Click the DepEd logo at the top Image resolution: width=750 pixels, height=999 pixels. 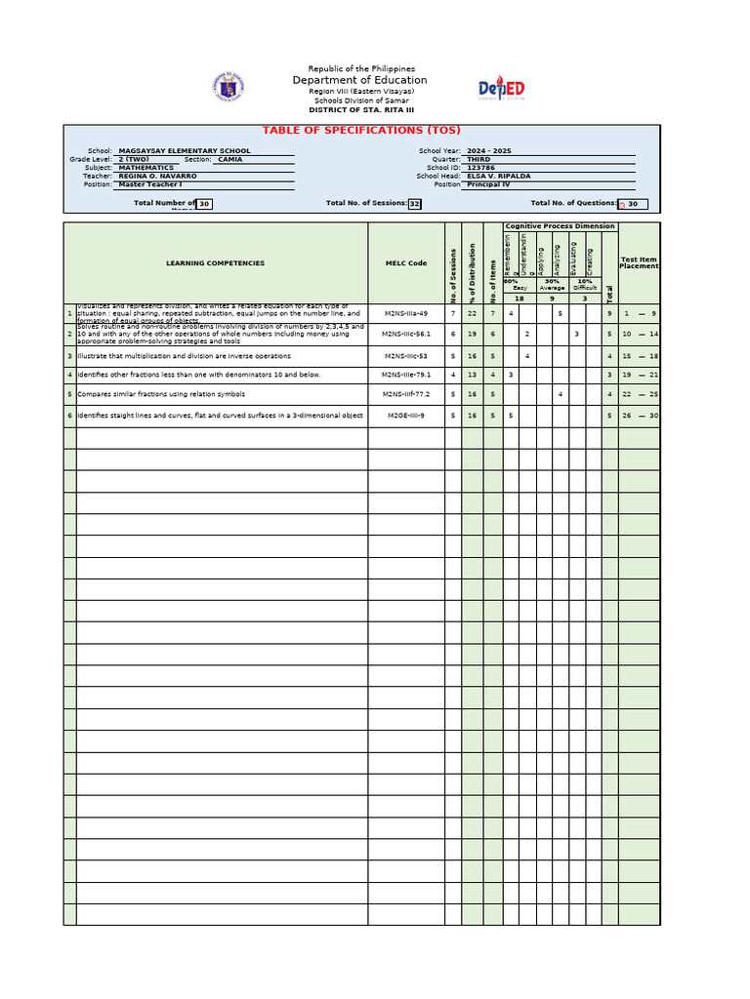pyautogui.click(x=501, y=90)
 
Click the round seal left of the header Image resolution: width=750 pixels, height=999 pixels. pyautogui.click(x=228, y=88)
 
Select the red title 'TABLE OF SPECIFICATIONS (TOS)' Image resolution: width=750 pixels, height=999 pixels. pyautogui.click(x=361, y=131)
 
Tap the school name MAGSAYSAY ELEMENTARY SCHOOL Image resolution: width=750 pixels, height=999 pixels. pyautogui.click(x=184, y=151)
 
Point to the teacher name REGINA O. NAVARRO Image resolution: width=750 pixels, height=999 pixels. pyautogui.click(x=157, y=176)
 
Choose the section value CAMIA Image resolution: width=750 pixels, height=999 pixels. pyautogui.click(x=230, y=159)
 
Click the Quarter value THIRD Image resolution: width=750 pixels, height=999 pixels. pyautogui.click(x=479, y=159)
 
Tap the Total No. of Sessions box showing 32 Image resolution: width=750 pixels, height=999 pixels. pyautogui.click(x=414, y=204)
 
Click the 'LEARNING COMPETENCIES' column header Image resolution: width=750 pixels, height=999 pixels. pyautogui.click(x=215, y=263)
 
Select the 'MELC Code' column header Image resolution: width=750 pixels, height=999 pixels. pyautogui.click(x=406, y=263)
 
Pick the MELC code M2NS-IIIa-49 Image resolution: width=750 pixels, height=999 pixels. pyautogui.click(x=405, y=313)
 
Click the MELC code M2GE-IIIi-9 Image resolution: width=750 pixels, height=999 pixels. pyautogui.click(x=405, y=416)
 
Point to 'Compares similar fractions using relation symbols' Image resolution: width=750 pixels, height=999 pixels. pyautogui.click(x=162, y=395)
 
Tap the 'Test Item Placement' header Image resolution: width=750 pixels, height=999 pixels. pyautogui.click(x=639, y=262)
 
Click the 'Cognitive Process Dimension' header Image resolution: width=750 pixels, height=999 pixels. pyautogui.click(x=561, y=226)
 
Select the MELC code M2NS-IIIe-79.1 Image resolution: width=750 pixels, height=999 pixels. pyautogui.click(x=405, y=375)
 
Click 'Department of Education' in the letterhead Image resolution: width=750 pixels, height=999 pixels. pyautogui.click(x=360, y=80)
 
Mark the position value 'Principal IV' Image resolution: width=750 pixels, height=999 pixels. pyautogui.click(x=488, y=184)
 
